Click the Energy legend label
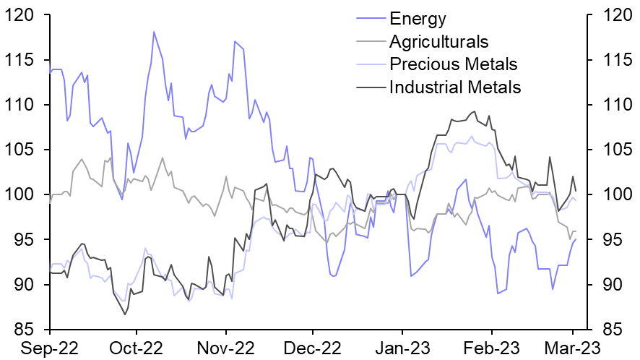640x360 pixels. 418,19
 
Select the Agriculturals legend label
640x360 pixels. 438,42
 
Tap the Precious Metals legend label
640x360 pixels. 453,64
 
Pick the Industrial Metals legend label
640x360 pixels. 455,87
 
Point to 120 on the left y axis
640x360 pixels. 22,15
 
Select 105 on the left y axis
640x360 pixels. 22,150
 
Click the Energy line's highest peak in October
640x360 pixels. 154,32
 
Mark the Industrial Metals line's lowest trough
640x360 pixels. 124,314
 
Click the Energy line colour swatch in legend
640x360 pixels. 371,19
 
